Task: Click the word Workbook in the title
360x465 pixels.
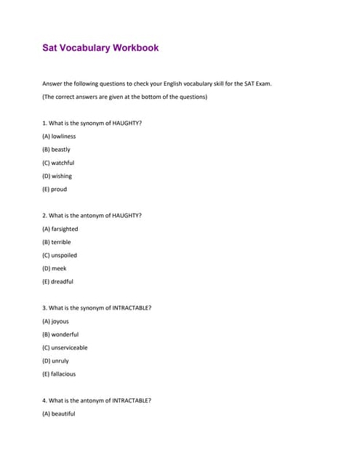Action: [x=135, y=48]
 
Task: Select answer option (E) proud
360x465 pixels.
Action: [x=55, y=189]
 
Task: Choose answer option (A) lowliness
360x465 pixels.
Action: [x=59, y=136]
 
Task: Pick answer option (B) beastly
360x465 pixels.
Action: [x=56, y=149]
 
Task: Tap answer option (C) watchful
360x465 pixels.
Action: [x=58, y=163]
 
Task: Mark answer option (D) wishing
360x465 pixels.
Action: [x=57, y=176]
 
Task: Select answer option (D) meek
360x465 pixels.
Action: [x=55, y=268]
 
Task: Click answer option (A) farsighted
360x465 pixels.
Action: [x=60, y=229]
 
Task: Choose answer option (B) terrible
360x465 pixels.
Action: [x=57, y=242]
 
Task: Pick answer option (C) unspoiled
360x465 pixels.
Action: [x=60, y=255]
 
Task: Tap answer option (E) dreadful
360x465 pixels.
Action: [x=57, y=281]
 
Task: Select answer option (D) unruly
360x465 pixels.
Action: [x=55, y=360]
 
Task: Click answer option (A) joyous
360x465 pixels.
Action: [x=55, y=321]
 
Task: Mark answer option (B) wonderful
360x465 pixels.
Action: [x=60, y=334]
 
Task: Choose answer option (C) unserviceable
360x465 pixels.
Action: [x=65, y=347]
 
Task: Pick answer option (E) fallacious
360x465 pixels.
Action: [x=59, y=374]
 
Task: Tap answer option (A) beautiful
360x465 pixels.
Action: [x=58, y=413]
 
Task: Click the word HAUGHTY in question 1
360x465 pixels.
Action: [x=126, y=123]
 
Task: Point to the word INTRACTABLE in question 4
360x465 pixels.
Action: [x=131, y=400]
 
